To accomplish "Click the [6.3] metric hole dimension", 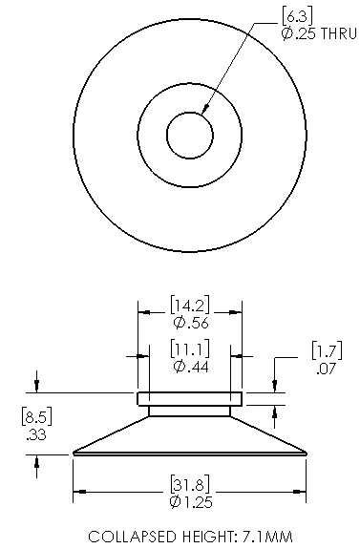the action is click(297, 16).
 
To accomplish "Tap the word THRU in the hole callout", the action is click(339, 33).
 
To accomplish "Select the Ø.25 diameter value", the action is click(299, 33).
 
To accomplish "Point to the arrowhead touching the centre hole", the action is click(205, 109).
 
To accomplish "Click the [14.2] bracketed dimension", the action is click(190, 306).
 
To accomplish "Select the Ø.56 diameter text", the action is click(191, 323).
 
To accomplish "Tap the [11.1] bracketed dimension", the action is click(190, 348).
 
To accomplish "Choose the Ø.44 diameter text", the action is click(191, 367).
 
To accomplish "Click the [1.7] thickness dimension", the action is click(327, 350).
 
